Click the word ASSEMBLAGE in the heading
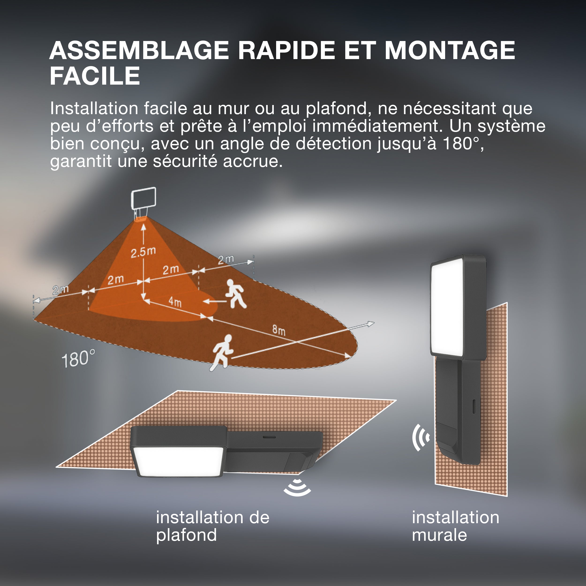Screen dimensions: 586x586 coord(139,50)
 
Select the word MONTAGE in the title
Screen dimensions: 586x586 coord(450,50)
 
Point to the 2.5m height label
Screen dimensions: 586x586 coord(143,252)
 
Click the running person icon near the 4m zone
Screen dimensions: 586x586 coord(236,294)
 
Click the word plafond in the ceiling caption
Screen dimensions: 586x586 coord(187,535)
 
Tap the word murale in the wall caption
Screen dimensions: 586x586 coord(439,535)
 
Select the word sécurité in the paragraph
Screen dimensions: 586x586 coord(185,161)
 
